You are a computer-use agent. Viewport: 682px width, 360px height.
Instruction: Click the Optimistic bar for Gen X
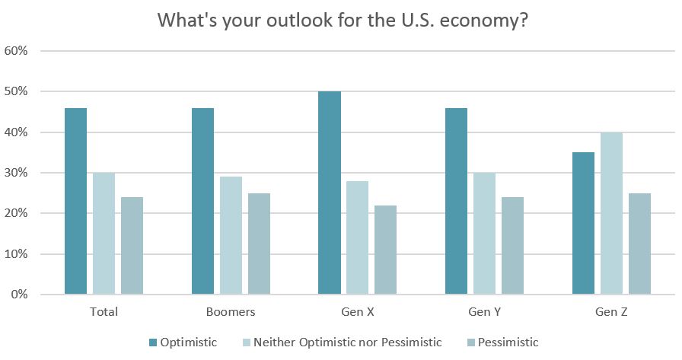(330, 193)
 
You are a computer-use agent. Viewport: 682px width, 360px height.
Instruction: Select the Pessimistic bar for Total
(132, 246)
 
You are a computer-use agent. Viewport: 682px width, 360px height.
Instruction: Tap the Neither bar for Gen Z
(611, 213)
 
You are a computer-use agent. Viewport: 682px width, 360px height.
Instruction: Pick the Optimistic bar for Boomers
(202, 201)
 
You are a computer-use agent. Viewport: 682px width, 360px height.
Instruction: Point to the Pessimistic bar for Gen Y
(512, 246)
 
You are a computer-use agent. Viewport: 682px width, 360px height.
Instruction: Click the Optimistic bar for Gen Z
(583, 223)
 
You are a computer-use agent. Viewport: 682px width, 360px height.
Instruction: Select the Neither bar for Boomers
(231, 235)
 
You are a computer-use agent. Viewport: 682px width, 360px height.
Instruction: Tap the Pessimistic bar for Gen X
(385, 250)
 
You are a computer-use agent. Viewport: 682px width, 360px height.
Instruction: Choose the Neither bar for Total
(104, 234)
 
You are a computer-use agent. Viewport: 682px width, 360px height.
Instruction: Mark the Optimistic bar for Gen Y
(456, 201)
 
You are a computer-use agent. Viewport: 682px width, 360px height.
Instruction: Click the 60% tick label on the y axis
(16, 51)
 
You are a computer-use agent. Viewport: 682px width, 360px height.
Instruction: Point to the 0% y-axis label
(19, 295)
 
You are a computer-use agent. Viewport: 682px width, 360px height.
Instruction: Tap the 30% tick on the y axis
(16, 173)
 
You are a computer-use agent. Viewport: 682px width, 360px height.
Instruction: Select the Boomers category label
(231, 312)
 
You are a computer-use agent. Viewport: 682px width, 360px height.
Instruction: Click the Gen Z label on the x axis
(611, 312)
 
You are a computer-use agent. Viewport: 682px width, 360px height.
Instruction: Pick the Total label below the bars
(104, 312)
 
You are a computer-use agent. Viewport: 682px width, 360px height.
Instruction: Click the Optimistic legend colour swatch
(153, 342)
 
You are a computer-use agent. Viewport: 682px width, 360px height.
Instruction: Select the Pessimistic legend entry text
(508, 342)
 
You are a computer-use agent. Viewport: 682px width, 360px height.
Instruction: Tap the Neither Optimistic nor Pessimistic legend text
(348, 342)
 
